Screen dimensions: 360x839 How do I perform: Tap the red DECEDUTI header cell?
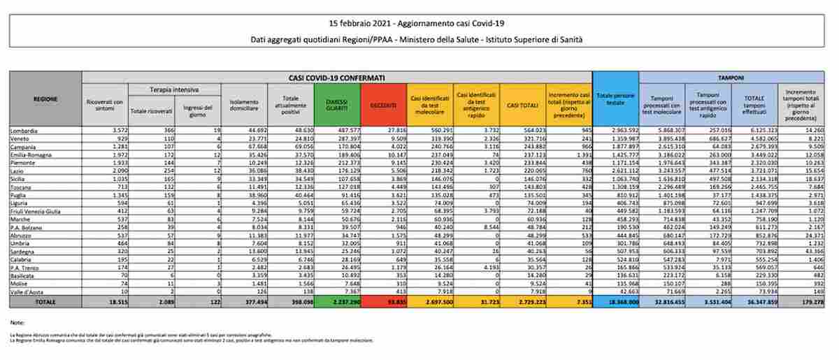pyautogui.click(x=383, y=104)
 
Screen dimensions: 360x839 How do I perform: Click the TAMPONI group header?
pyautogui.click(x=731, y=77)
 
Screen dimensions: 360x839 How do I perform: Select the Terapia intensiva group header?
pyautogui.click(x=174, y=89)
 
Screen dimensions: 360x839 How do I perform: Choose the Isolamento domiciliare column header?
pyautogui.click(x=245, y=104)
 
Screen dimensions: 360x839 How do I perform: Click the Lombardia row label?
pyautogui.click(x=24, y=131)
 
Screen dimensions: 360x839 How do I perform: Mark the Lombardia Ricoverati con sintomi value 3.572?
pyautogui.click(x=115, y=131)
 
